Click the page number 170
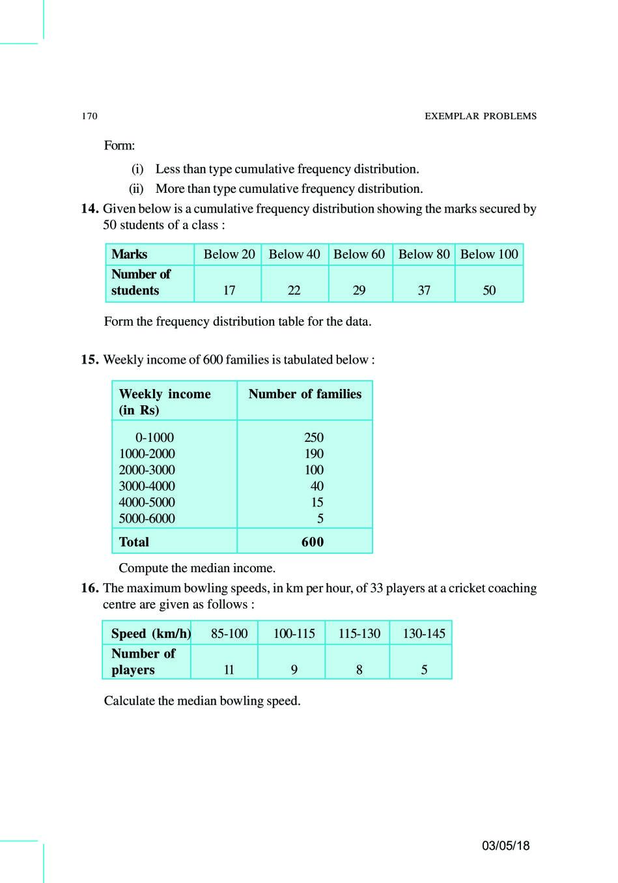89,116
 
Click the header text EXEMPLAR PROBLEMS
481,116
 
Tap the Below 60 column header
359,254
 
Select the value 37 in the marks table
424,291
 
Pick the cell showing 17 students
229,291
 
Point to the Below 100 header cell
489,254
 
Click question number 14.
90,209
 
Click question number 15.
90,360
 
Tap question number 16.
90,588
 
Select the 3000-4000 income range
147,486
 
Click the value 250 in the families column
314,437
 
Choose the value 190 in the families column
314,454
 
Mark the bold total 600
313,542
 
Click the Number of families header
305,394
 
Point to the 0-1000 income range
154,437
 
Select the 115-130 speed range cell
359,633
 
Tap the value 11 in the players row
229,670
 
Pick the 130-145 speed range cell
424,633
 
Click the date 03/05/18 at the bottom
506,846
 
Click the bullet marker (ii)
136,189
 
